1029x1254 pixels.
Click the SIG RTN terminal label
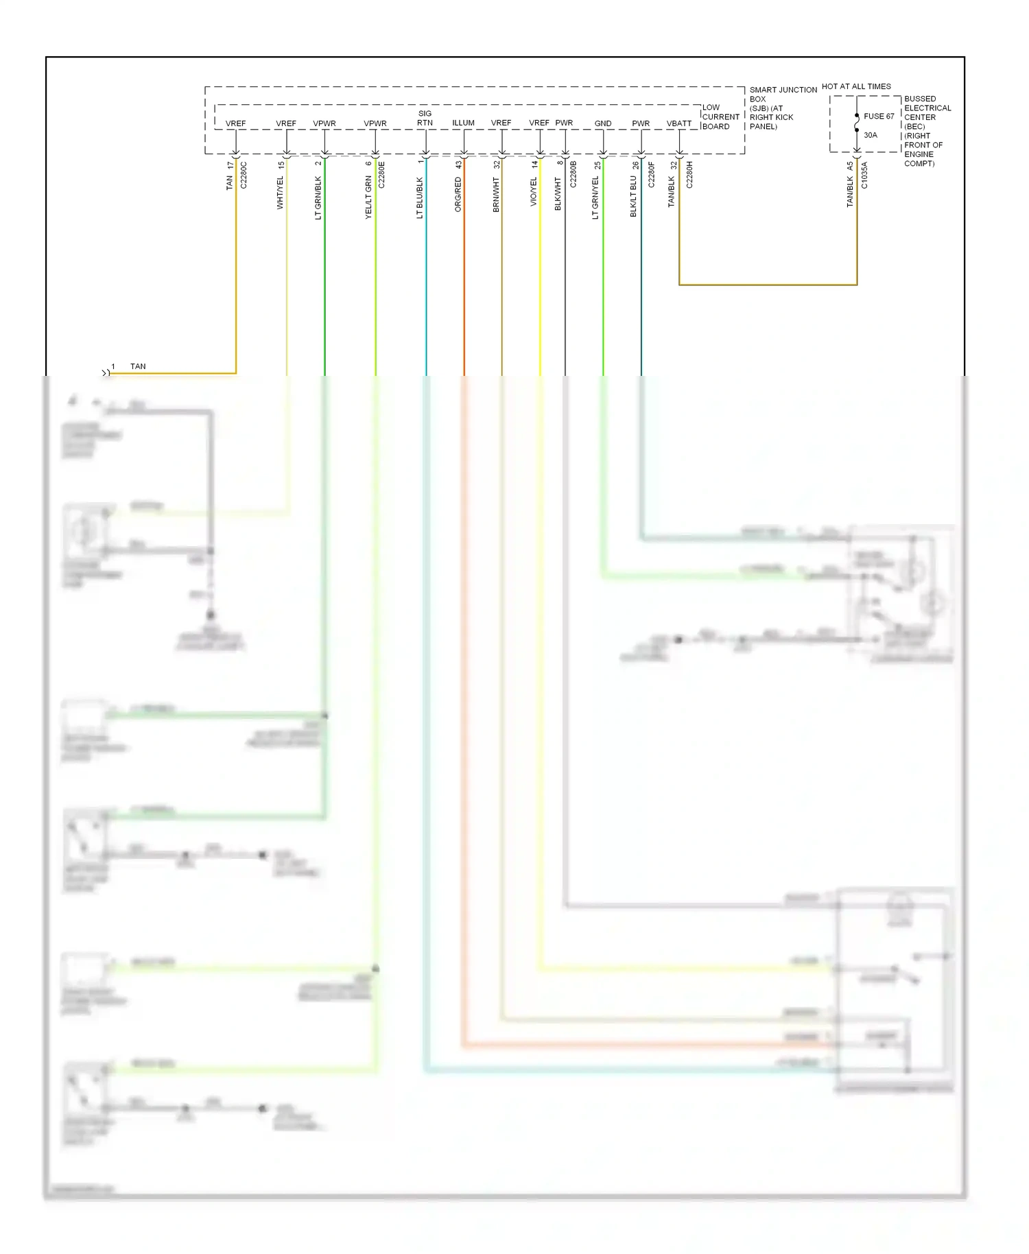pos(425,118)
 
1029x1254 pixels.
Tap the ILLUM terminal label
pos(463,123)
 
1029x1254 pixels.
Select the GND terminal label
pos(603,123)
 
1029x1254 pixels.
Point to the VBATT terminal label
pos(679,123)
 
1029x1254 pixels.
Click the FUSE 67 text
pos(879,117)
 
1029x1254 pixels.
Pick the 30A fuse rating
pos(871,135)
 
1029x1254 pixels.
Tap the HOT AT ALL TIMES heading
pos(856,86)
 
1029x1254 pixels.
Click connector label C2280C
pos(244,176)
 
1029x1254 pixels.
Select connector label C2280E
pos(382,176)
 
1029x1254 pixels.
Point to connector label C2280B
pos(573,175)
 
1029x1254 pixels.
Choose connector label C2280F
pos(651,175)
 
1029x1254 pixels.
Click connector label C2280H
pos(689,175)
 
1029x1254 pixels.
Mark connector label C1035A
pos(864,176)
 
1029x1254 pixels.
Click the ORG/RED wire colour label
pos(458,195)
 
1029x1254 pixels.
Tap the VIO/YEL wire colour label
pos(534,192)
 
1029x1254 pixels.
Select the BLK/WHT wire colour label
pos(558,194)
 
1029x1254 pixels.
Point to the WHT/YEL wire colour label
pos(280,193)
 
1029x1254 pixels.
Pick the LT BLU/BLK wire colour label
pos(420,198)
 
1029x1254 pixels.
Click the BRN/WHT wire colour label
pos(496,195)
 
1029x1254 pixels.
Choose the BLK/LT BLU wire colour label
pos(634,197)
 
